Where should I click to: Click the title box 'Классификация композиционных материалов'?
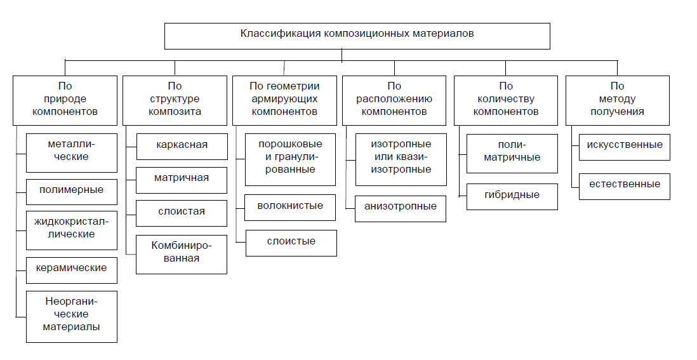[357, 36]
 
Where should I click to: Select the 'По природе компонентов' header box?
[65, 100]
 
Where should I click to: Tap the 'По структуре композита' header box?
[175, 100]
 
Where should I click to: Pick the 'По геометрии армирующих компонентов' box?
[284, 100]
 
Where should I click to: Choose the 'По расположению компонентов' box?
[394, 100]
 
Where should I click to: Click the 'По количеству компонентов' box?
[506, 100]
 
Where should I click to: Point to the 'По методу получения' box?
[618, 100]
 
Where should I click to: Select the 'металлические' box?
[72, 153]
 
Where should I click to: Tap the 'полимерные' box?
[72, 192]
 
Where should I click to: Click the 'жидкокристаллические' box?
[72, 230]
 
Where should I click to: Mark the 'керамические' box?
[72, 270]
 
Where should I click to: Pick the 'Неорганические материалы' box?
[72, 317]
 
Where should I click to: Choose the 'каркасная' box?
[182, 147]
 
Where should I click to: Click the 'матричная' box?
[182, 180]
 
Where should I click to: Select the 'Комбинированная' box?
[182, 254]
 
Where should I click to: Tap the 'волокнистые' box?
[290, 208]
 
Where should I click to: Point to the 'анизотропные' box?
[401, 208]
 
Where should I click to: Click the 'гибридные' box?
[512, 197]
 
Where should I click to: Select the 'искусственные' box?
[625, 147]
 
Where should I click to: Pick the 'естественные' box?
[625, 187]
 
